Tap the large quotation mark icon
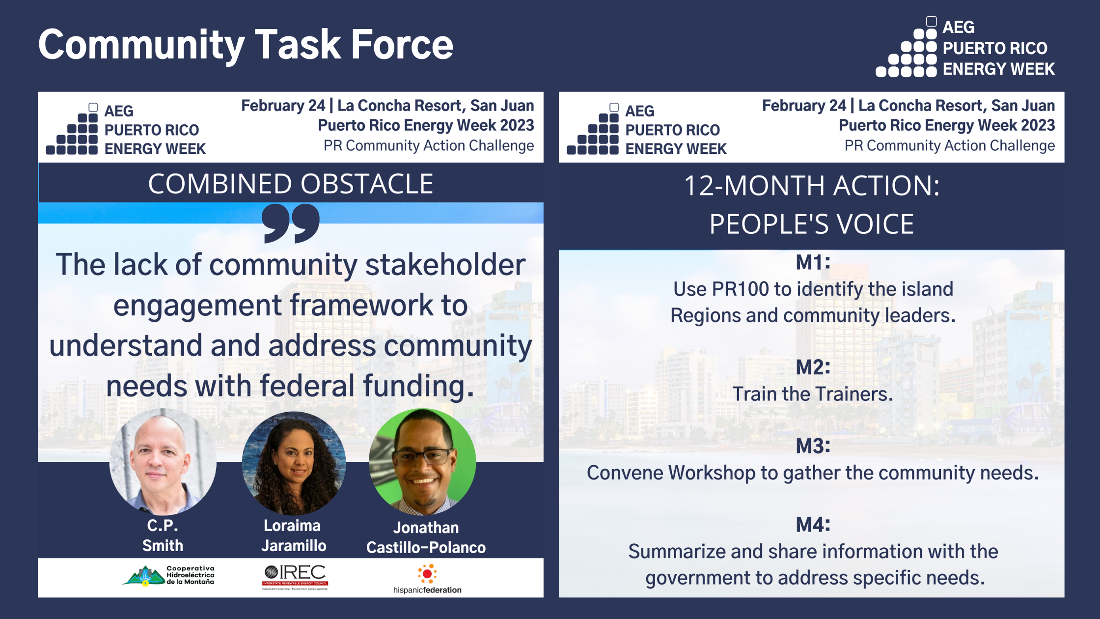(291, 224)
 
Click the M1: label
(813, 262)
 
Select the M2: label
(813, 367)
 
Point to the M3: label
(813, 446)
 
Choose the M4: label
(813, 525)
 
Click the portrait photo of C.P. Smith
(163, 462)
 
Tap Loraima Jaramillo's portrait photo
(294, 463)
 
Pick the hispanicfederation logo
(427, 580)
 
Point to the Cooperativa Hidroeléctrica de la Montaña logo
(168, 576)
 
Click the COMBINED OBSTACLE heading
(290, 184)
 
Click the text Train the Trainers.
(813, 394)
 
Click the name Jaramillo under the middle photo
(294, 546)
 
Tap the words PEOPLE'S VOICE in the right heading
(811, 224)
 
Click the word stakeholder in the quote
(445, 265)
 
